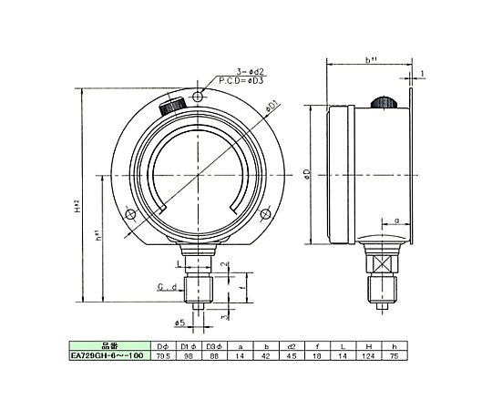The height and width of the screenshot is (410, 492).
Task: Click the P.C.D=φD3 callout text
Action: click(241, 82)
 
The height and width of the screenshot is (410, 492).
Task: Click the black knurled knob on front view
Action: click(173, 105)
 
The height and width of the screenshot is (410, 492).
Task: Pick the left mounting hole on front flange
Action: click(130, 215)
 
